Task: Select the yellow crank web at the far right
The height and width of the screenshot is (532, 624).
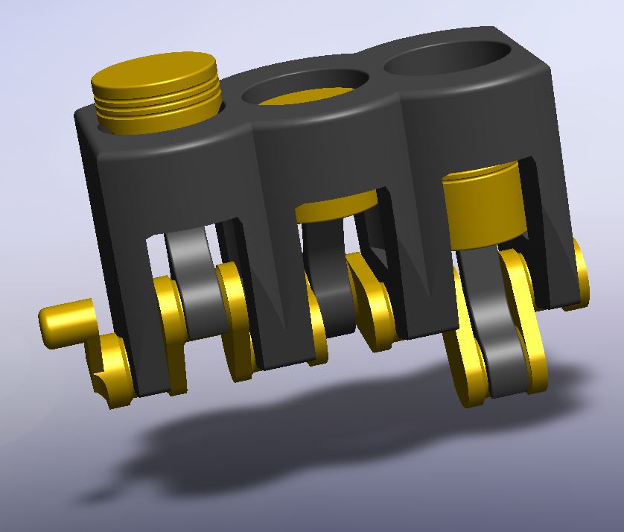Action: pyautogui.click(x=577, y=276)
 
